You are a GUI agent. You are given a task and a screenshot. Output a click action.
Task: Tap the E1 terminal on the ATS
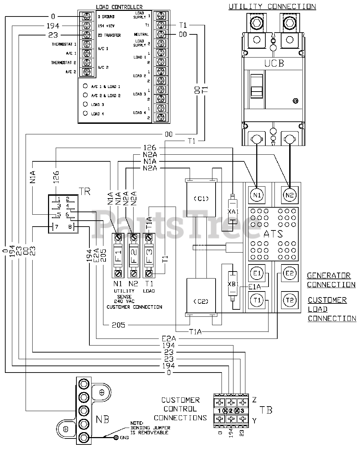pos(257,273)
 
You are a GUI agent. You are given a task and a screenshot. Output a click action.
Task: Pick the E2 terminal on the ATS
pos(289,273)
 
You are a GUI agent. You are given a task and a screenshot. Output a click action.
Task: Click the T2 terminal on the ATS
pos(289,300)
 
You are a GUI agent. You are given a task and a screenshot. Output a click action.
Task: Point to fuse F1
pos(118,255)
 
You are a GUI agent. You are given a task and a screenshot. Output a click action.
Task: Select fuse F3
pos(149,255)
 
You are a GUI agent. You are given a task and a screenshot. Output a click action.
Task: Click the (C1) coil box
pos(201,199)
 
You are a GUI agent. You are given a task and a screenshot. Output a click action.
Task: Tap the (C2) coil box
pos(201,301)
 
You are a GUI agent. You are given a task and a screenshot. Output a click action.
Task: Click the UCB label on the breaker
pos(274,63)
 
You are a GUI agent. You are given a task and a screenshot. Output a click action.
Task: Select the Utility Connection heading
pos(272,7)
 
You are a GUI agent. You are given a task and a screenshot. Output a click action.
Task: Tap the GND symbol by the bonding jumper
pos(116,437)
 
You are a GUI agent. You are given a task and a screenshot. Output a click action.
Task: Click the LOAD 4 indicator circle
pos(85,113)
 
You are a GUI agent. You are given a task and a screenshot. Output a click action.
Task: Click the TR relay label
pos(85,192)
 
